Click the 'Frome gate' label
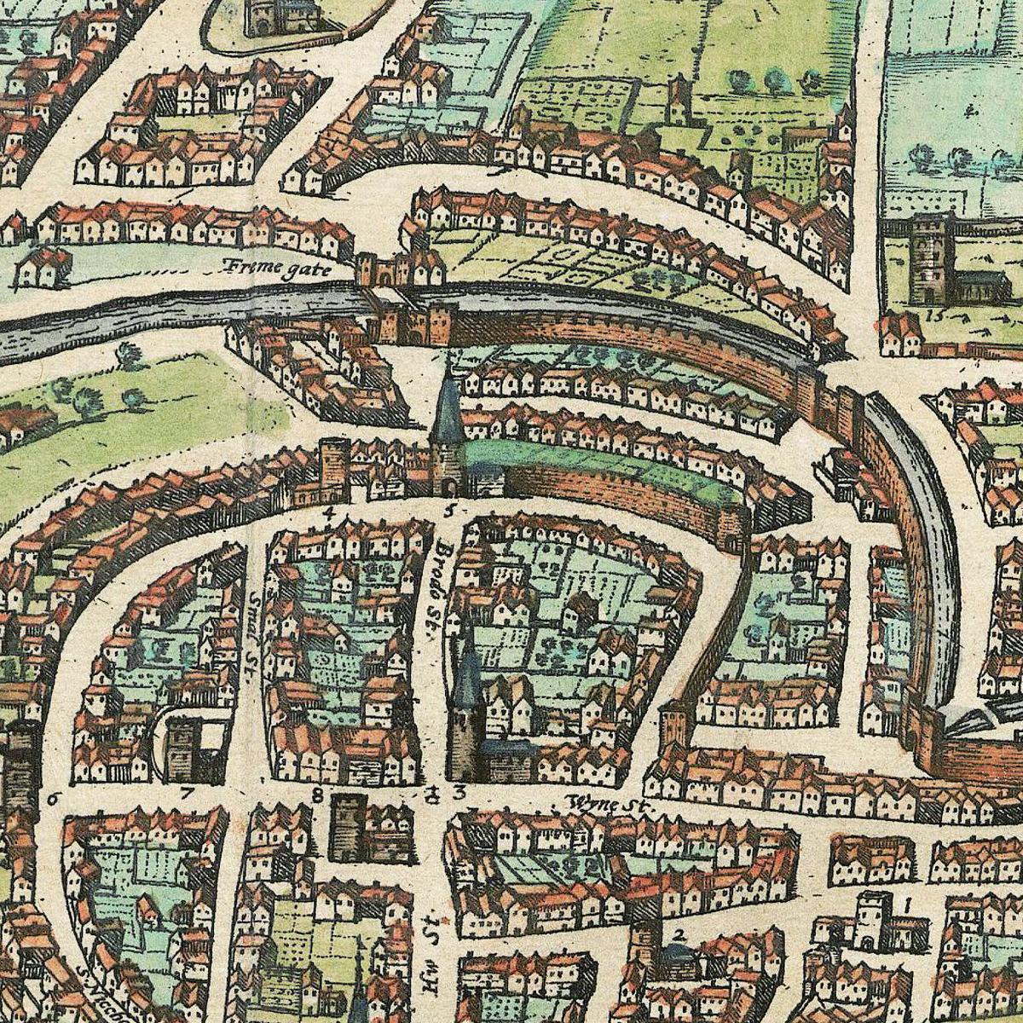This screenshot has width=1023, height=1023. point(266,267)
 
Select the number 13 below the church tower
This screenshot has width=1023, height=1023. point(939,315)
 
